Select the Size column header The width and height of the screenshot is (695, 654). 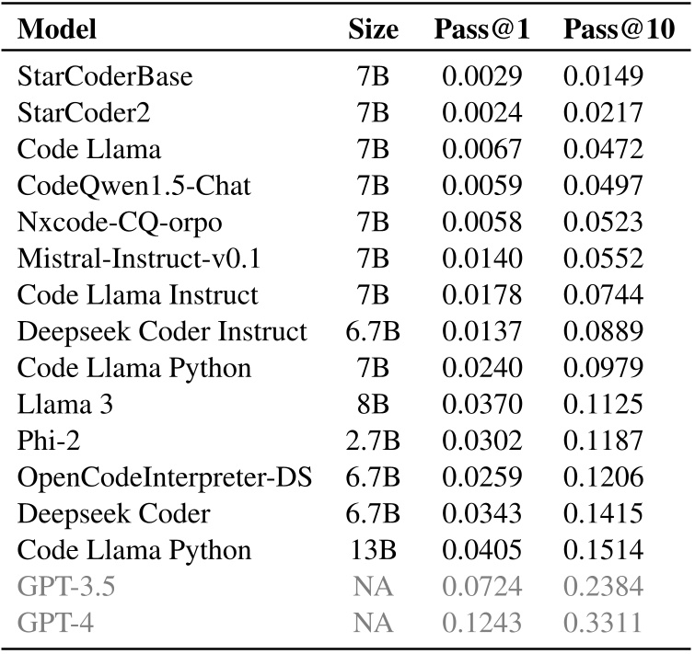coord(373,30)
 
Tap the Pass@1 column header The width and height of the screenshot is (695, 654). coord(481,30)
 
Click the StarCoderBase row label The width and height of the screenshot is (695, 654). coord(106,77)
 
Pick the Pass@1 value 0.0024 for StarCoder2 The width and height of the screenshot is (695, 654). coord(481,113)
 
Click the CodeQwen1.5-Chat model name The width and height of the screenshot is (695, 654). coord(134,186)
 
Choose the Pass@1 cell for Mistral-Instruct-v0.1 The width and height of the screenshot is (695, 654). coord(481,259)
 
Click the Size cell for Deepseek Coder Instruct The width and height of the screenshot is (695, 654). coord(373,332)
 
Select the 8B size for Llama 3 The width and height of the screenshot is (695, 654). coord(373,405)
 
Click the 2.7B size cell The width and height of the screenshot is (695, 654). coord(373,442)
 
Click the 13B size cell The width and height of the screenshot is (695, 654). coord(373,551)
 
